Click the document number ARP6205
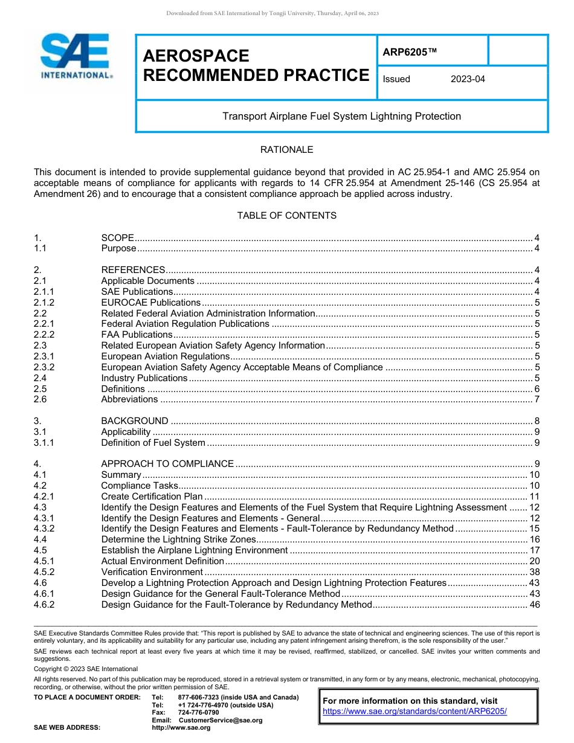point(409,52)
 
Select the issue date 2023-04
point(467,79)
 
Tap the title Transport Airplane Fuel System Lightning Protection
point(341,116)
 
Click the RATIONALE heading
point(286,149)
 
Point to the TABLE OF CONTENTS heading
point(286,216)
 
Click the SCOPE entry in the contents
point(118,238)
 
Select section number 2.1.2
point(44,302)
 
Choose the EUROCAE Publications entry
point(150,302)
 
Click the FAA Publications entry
point(137,335)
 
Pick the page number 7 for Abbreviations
point(537,399)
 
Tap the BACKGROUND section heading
point(135,421)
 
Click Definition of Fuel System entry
point(153,443)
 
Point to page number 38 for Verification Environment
point(534,572)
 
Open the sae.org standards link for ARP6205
point(414,712)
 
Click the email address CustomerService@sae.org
point(221,720)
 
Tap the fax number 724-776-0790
point(198,713)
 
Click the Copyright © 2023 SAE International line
point(86,669)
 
